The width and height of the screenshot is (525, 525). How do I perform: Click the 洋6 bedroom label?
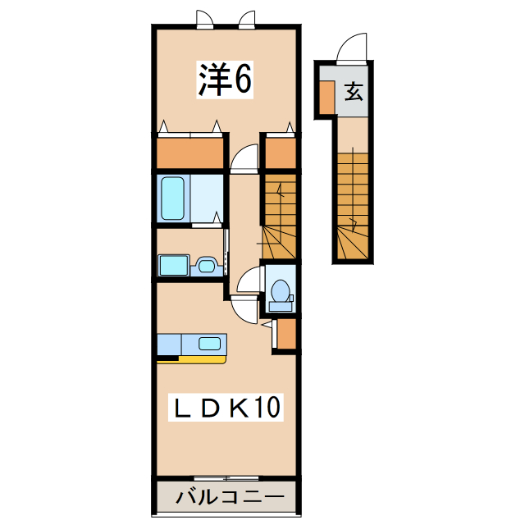click(x=222, y=79)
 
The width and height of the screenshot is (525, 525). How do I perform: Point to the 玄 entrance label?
click(x=353, y=90)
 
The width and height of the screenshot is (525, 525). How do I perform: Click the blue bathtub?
click(x=173, y=198)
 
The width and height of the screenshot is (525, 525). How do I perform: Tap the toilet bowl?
click(x=281, y=290)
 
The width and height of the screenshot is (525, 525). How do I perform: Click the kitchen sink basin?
click(x=209, y=343)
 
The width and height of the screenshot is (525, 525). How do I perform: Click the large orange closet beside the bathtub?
click(x=191, y=153)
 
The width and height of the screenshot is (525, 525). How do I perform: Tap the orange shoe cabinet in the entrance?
click(x=326, y=98)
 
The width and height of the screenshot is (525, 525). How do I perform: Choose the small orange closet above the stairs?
click(x=280, y=152)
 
